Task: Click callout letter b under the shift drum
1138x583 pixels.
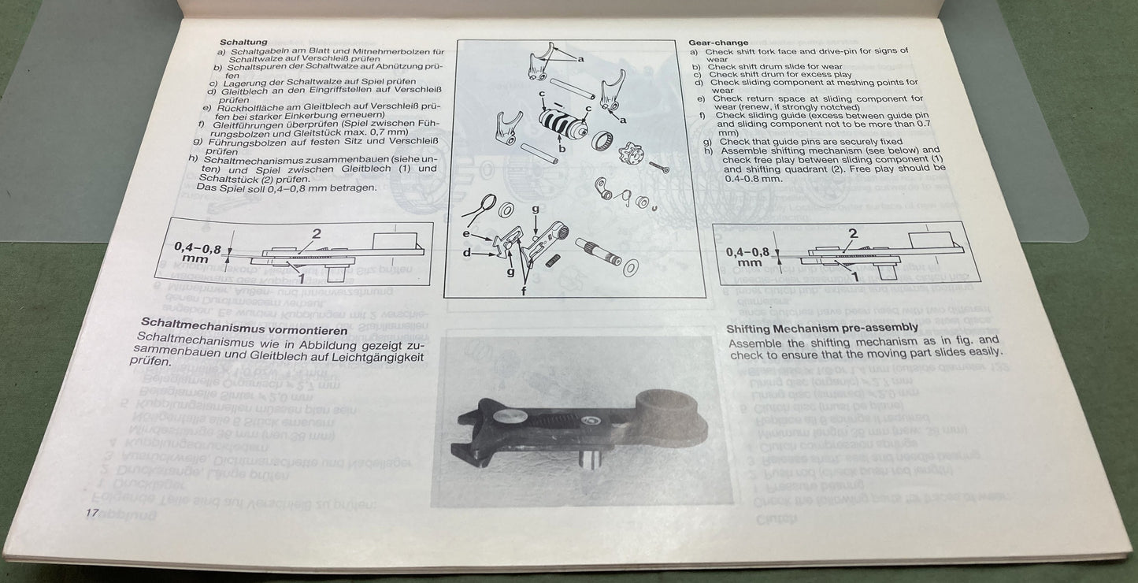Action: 562,148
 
